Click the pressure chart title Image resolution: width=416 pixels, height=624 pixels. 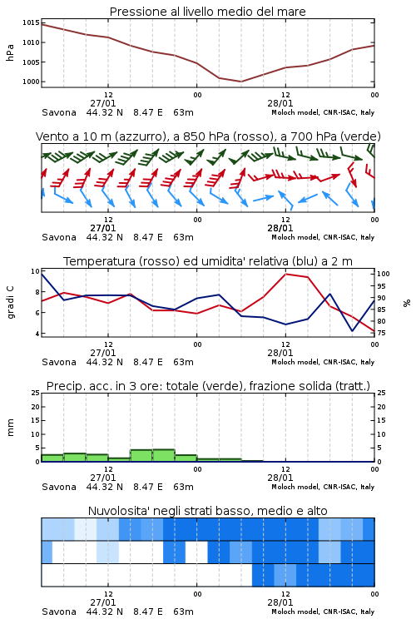coord(207,12)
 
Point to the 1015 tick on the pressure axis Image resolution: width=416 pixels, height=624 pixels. coord(31,22)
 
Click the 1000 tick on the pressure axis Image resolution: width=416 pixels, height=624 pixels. coord(31,82)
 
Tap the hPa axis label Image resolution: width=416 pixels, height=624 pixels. coord(10,52)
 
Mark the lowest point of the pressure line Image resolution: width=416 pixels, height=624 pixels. coord(240,82)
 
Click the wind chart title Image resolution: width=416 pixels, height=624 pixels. coord(208,136)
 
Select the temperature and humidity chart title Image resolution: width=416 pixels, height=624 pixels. coord(208,261)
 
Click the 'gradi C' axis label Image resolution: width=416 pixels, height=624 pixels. coord(11,302)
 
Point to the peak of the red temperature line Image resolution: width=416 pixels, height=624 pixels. coord(286,274)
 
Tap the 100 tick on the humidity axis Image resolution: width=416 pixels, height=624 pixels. coord(384,274)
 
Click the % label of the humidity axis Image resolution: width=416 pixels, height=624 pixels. coord(407,303)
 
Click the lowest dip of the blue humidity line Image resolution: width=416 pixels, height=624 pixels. coord(352,330)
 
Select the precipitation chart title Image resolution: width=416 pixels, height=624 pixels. coord(208,386)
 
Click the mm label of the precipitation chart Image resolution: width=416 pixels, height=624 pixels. coord(10,428)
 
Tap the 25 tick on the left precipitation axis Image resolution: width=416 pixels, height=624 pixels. coord(36,393)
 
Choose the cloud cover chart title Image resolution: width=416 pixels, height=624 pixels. coord(207,511)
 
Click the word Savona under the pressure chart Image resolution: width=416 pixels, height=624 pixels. coord(59,112)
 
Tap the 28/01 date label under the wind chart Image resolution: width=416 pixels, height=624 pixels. coord(280,228)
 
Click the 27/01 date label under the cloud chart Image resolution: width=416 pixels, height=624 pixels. coord(103,602)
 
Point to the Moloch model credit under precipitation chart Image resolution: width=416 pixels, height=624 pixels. coord(323,487)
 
